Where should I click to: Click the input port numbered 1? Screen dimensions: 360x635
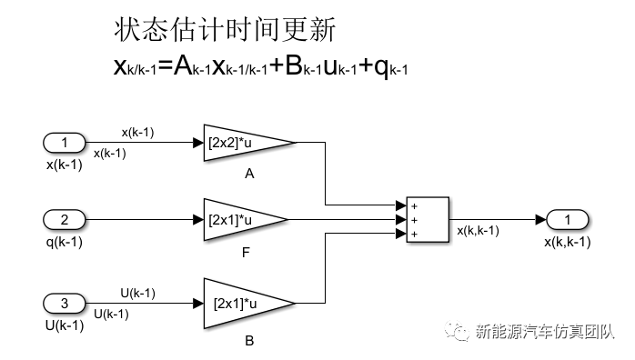pos(64,143)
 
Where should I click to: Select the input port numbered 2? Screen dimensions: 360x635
pos(64,219)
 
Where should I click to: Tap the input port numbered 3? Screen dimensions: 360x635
pos(64,302)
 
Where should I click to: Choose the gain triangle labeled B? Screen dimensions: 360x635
pos(244,302)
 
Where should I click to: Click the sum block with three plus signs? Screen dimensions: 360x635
pos(427,219)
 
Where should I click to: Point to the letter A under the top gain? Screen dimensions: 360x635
pos(249,173)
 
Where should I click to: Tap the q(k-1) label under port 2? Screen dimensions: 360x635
pos(65,242)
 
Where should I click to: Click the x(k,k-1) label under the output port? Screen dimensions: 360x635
pos(568,242)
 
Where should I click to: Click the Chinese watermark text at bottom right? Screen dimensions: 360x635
pos(546,334)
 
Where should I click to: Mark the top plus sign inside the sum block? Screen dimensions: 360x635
pos(414,205)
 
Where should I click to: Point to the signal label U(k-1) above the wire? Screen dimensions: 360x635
pos(138,293)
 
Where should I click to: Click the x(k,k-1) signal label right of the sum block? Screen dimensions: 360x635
pos(478,231)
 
